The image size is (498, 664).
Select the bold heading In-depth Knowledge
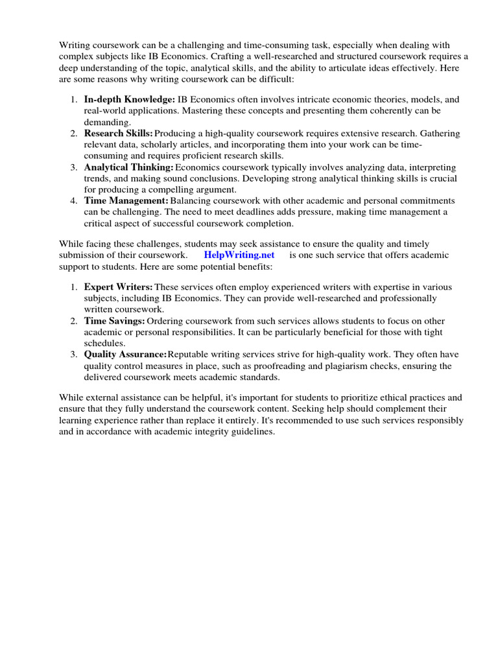click(x=130, y=99)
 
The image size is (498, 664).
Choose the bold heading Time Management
click(x=126, y=200)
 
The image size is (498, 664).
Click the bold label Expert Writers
click(x=118, y=287)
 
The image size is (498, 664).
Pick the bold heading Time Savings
click(x=114, y=320)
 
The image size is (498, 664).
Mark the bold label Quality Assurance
click(x=125, y=354)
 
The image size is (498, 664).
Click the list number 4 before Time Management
click(x=73, y=200)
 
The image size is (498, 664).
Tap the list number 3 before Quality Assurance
click(x=73, y=354)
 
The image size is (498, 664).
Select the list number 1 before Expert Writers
click(x=73, y=287)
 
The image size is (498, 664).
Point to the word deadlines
click(x=277, y=212)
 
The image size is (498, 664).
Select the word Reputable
click(x=192, y=354)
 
